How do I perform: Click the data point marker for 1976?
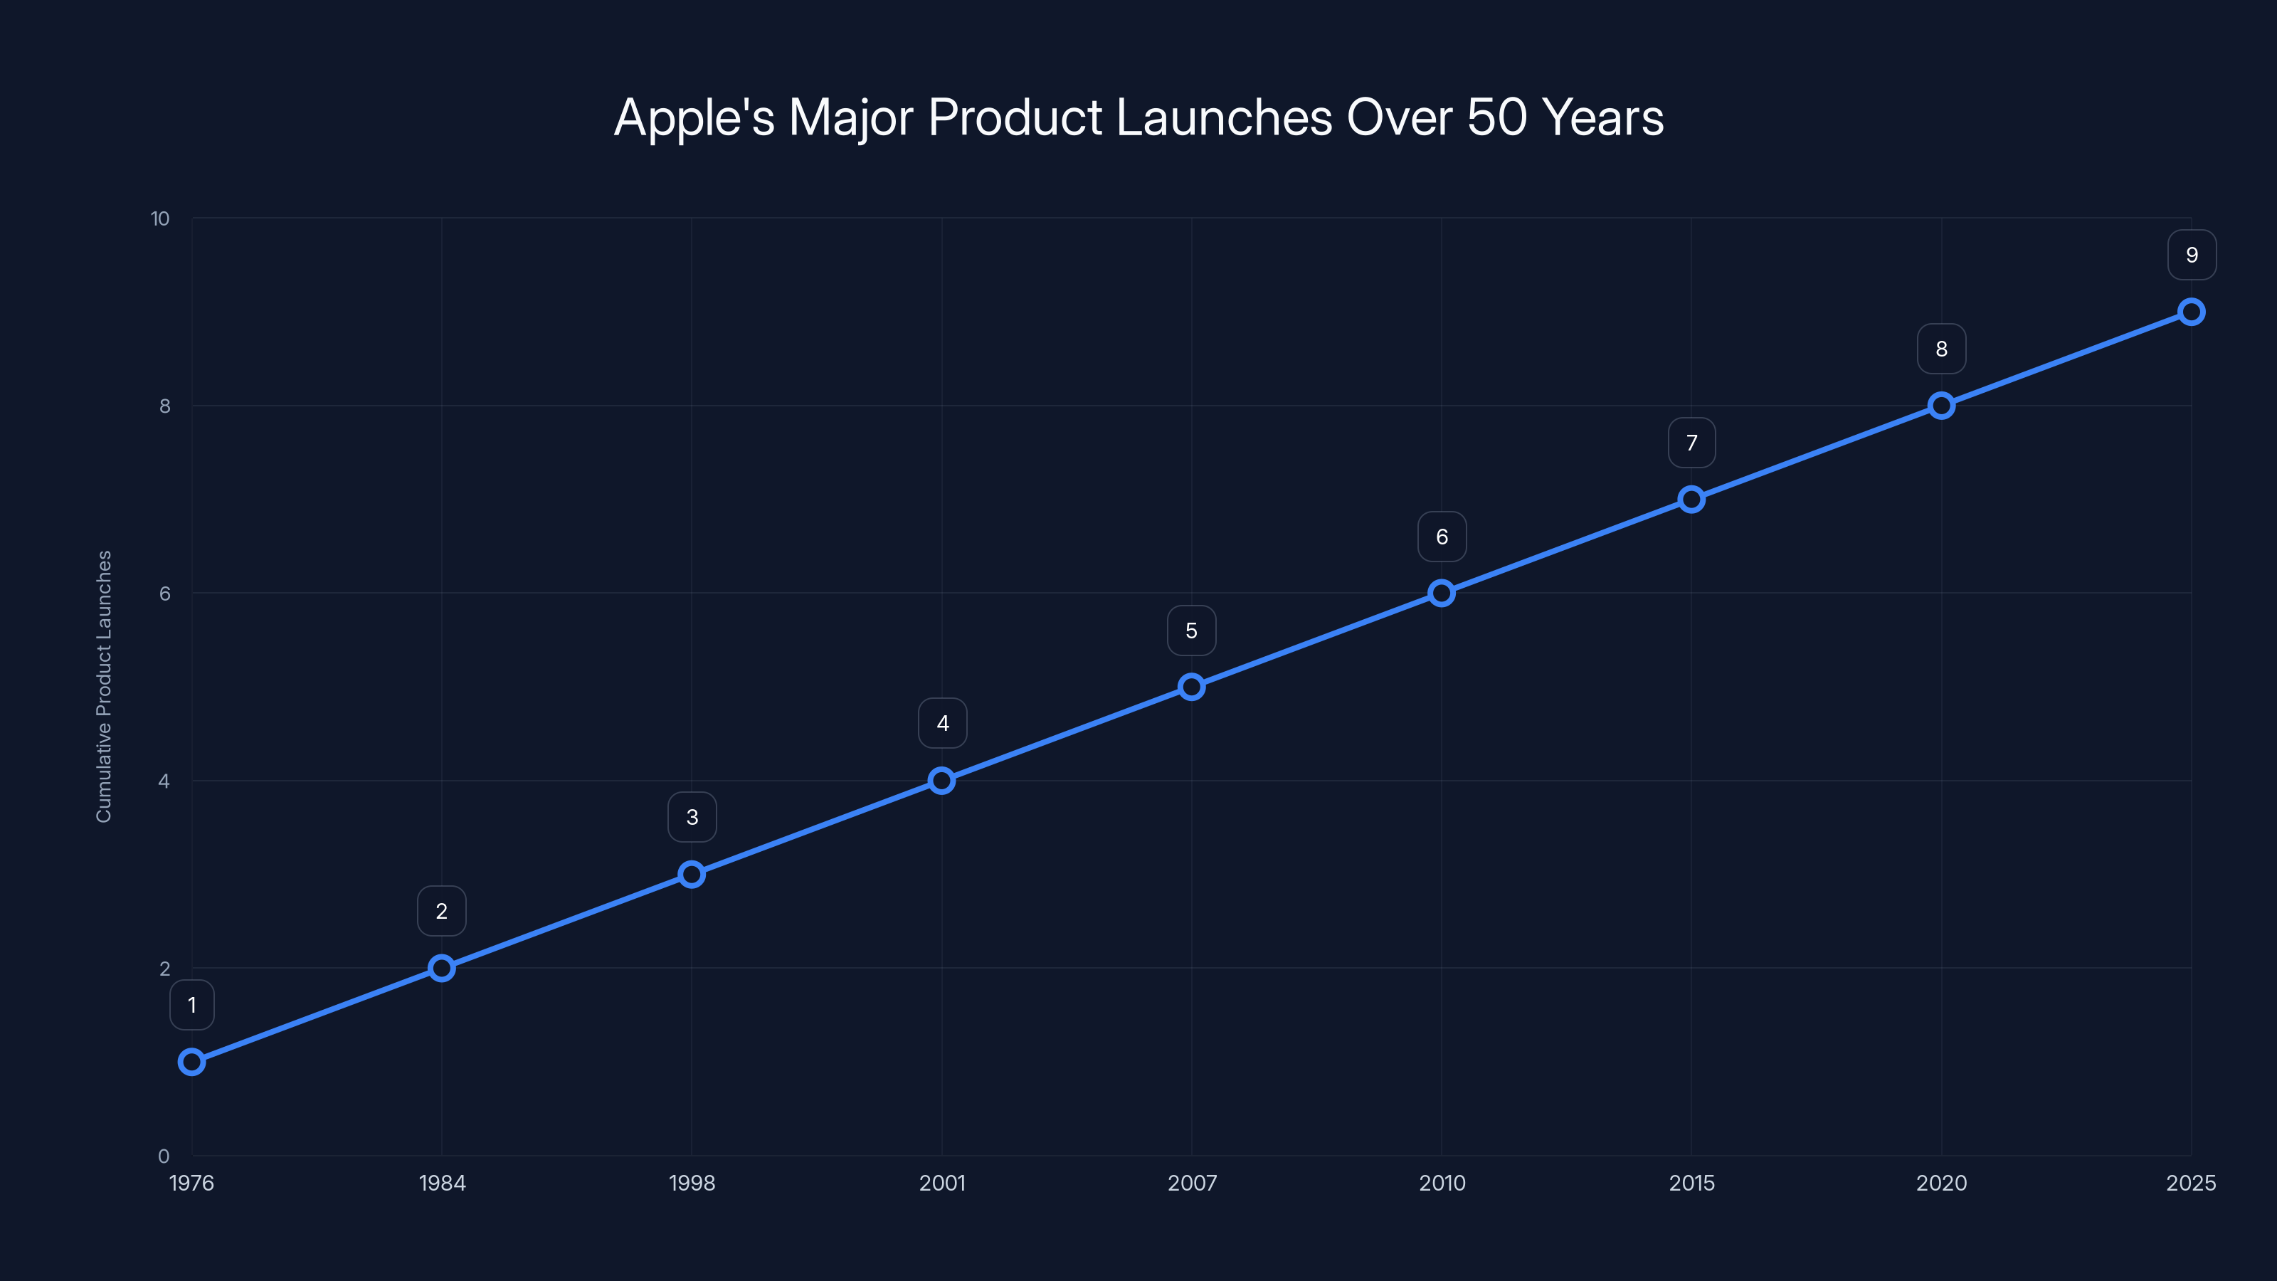[192, 1061]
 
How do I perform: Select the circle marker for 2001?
[941, 780]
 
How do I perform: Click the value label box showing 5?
[1192, 631]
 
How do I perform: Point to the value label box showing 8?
[1941, 349]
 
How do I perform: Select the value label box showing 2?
[441, 911]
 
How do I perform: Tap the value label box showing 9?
[2192, 255]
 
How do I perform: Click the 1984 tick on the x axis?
[442, 1183]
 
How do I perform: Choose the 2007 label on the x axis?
[1192, 1183]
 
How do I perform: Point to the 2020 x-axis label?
[1941, 1183]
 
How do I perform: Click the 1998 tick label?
[692, 1183]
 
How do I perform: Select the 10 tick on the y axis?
[160, 218]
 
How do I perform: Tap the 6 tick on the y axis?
[164, 594]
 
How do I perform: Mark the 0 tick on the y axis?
[164, 1156]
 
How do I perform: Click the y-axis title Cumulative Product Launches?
[105, 686]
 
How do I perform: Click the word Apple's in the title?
[694, 117]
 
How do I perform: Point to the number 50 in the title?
[1496, 117]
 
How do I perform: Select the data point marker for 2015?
[1691, 499]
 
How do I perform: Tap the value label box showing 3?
[692, 817]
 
